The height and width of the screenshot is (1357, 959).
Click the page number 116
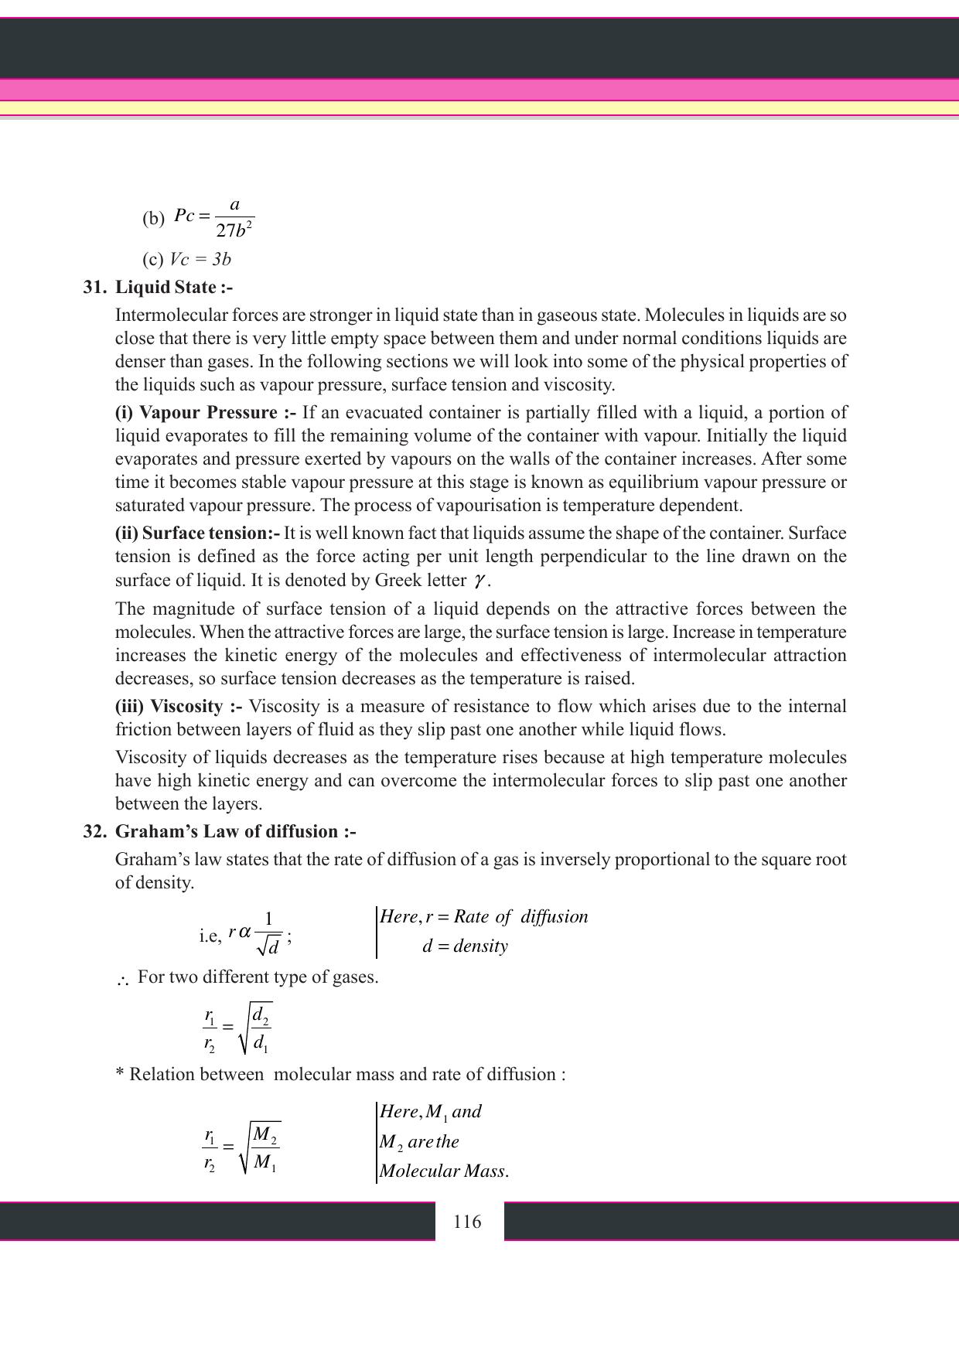tap(467, 1222)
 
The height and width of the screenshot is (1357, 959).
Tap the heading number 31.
tap(94, 288)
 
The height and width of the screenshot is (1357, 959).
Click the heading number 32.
tap(94, 832)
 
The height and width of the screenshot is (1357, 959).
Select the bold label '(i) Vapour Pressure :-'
tap(206, 413)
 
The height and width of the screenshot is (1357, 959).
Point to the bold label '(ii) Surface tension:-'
tap(197, 534)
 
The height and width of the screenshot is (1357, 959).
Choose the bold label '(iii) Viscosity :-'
tap(179, 707)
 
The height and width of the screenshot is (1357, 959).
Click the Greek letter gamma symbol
tap(480, 581)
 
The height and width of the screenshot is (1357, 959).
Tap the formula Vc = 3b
tap(200, 260)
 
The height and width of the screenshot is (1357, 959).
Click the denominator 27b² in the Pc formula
tap(235, 230)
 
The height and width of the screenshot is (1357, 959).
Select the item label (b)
tap(153, 218)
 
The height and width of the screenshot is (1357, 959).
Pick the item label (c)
tap(152, 260)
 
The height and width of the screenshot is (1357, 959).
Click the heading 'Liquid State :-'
tap(174, 288)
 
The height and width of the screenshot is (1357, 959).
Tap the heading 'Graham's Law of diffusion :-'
tap(236, 832)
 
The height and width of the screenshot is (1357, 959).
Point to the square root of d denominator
tap(268, 946)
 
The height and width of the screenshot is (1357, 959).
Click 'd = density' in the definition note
tap(465, 946)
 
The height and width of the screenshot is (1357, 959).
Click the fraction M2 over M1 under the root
tap(265, 1149)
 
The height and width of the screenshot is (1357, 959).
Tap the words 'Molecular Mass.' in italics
tap(444, 1171)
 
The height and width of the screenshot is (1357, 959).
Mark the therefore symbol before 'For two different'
tap(122, 980)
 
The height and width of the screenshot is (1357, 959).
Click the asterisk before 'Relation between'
tap(120, 1073)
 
